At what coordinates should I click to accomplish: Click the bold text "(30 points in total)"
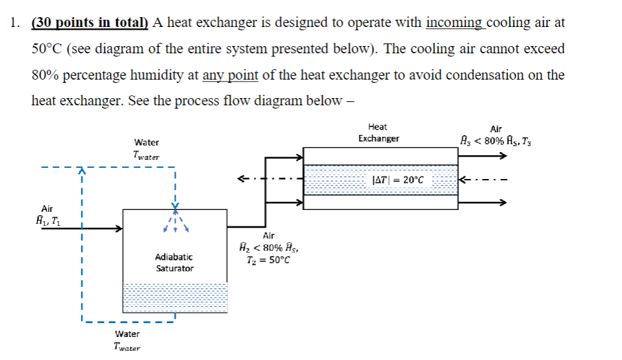click(91, 22)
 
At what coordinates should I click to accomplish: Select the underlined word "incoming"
click(454, 22)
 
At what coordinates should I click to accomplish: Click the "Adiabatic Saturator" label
click(174, 262)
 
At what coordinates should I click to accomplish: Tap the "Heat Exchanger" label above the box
click(378, 132)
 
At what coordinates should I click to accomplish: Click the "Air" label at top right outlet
click(496, 129)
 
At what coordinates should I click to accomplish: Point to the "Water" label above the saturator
click(146, 142)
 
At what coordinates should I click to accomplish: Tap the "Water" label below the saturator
click(127, 334)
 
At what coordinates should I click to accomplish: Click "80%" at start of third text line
click(46, 75)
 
